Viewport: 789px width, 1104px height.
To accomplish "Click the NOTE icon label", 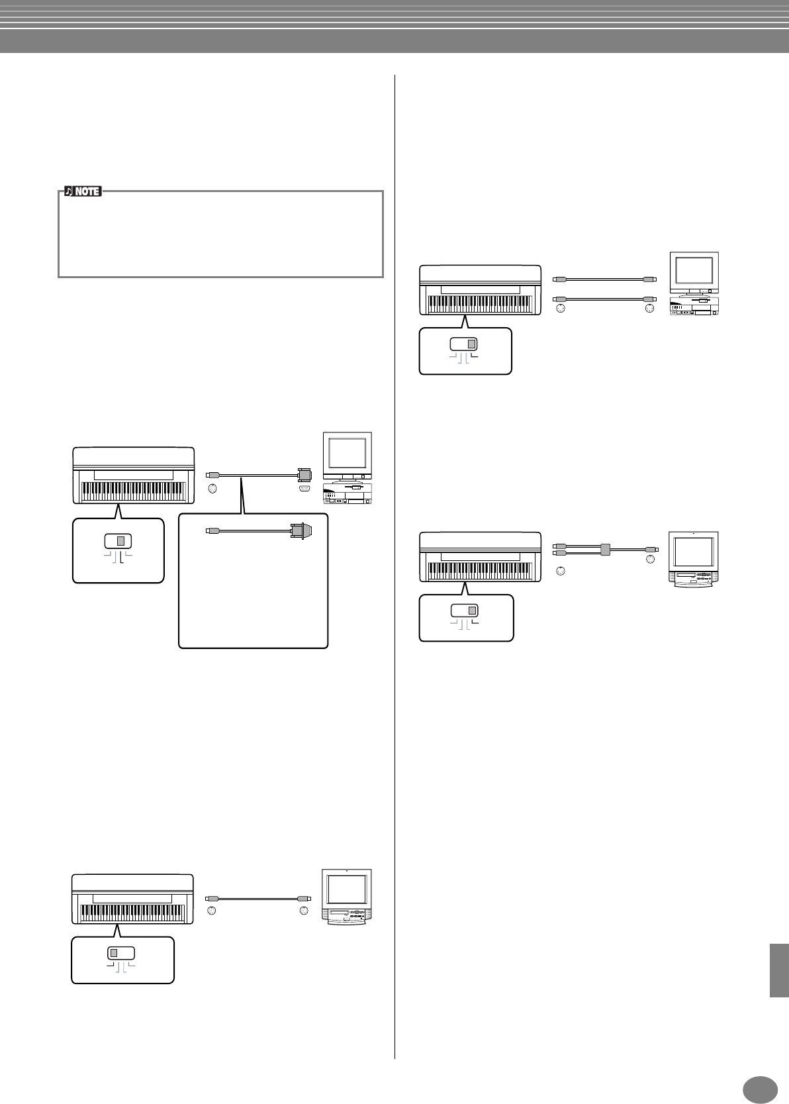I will [83, 191].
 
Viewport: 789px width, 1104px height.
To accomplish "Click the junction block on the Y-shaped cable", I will [604, 549].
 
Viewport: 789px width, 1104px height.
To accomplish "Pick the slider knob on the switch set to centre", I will [120, 540].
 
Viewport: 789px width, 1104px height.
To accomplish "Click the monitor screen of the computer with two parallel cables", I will [693, 270].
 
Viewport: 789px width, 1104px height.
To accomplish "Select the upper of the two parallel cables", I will [604, 279].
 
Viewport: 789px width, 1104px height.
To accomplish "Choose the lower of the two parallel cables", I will [604, 299].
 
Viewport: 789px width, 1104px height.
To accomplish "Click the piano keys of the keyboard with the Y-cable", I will [480, 569].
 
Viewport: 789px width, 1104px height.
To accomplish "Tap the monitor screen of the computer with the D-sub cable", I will [347, 453].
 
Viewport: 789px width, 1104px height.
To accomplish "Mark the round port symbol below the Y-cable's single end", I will [650, 560].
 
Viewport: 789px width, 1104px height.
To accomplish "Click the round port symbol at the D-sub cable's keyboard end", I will [212, 489].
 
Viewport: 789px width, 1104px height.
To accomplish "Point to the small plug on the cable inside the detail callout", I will [210, 530].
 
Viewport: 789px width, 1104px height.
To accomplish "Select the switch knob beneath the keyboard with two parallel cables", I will [471, 344].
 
